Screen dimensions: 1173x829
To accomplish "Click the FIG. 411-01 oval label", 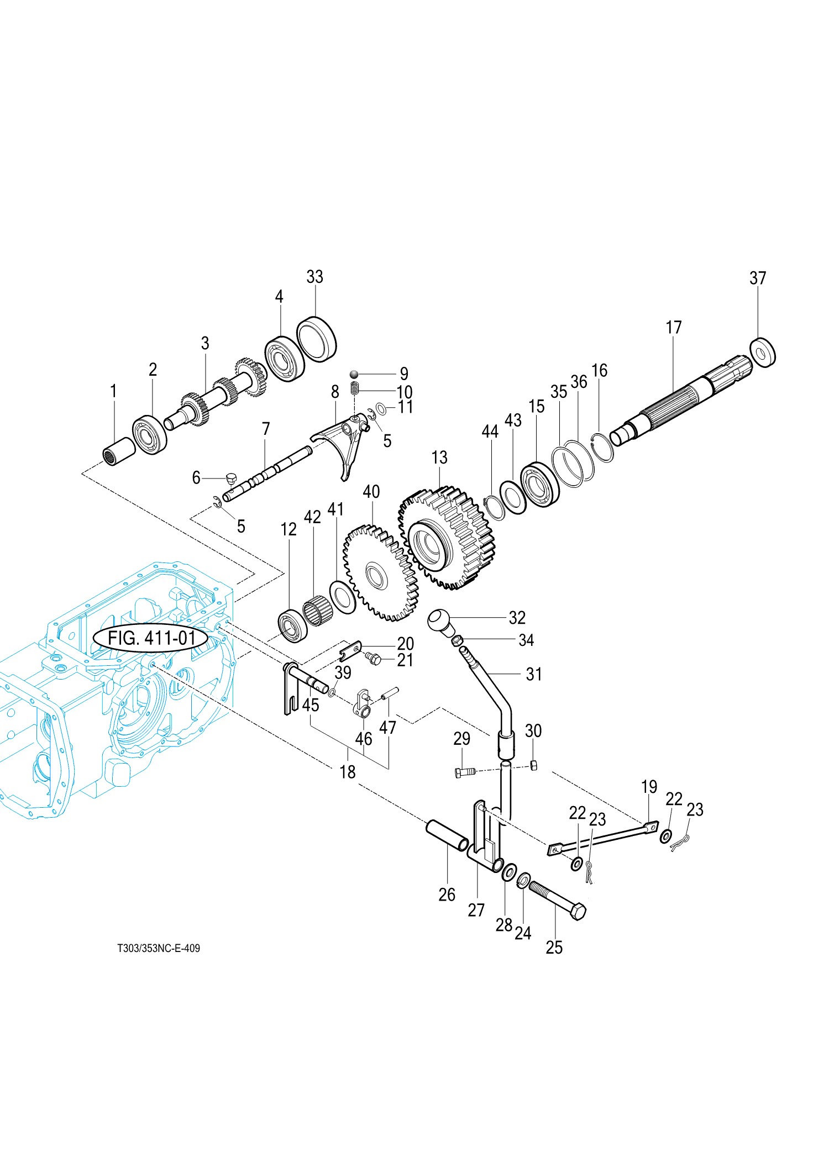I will tap(151, 638).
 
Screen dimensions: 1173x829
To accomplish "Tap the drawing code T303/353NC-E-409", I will tap(159, 948).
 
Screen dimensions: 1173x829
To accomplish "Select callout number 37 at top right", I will tap(758, 278).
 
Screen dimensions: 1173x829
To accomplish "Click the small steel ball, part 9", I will tap(355, 375).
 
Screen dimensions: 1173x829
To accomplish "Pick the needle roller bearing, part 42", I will tap(318, 610).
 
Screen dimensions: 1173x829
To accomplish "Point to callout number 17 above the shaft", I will tap(674, 327).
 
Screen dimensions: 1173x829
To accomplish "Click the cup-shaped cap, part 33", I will tap(316, 339).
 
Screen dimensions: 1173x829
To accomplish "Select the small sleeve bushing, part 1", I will tap(119, 451).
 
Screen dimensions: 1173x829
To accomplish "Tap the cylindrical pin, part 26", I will tap(447, 835).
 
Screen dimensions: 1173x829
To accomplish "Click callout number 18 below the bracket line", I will tap(348, 772).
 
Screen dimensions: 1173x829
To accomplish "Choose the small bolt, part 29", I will tap(464, 772).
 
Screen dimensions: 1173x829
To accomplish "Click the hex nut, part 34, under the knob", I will tap(457, 640).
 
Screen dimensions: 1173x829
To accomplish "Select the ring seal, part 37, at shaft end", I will tap(763, 352).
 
